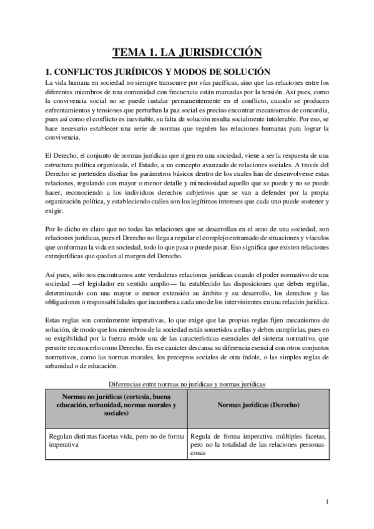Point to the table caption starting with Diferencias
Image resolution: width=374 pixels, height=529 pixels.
point(187,384)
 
